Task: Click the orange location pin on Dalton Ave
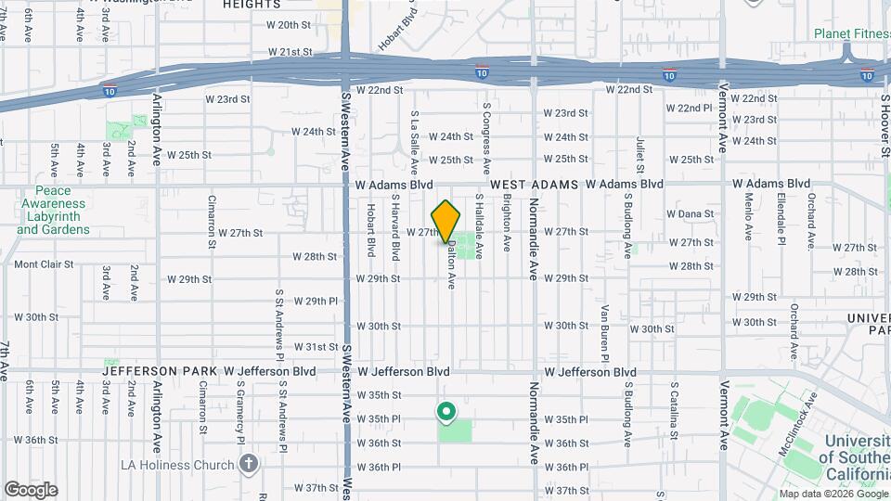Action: (446, 221)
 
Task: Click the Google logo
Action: (30, 489)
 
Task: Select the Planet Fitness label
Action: (851, 33)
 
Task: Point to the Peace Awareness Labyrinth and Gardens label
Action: (53, 210)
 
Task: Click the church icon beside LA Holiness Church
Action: (248, 464)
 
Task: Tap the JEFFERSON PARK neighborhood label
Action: (159, 371)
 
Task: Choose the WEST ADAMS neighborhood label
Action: (535, 185)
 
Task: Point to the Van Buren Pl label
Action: (604, 333)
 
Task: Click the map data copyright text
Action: (820, 494)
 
